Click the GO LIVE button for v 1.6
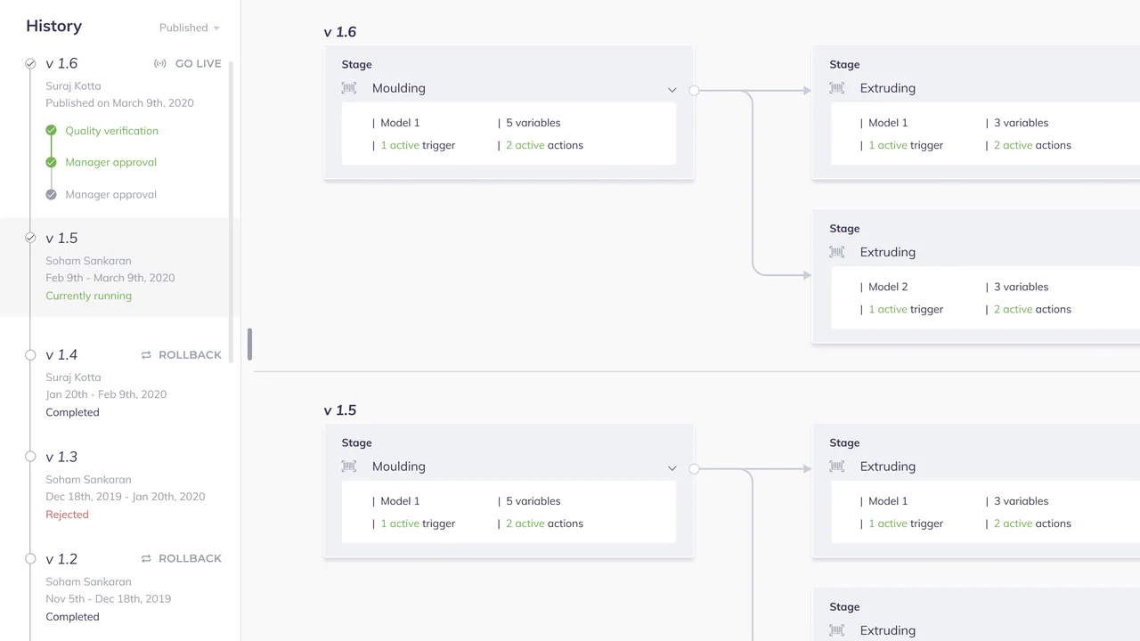coord(188,63)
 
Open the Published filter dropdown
coord(190,28)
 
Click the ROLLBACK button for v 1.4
coord(181,354)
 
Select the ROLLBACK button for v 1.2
coord(181,558)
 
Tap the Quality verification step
coord(111,131)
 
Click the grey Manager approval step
coord(110,194)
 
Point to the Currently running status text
coord(88,296)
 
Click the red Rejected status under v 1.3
coord(67,515)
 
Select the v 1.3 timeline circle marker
coord(30,457)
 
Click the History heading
coord(54,26)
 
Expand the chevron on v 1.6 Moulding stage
coord(672,90)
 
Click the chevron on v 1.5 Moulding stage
coord(672,468)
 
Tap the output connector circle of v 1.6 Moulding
coord(694,91)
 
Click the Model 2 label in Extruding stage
coord(888,287)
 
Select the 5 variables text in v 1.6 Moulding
coord(533,123)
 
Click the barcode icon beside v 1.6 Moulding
coord(349,88)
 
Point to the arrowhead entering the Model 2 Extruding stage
coord(807,275)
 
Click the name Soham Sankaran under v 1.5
coord(88,261)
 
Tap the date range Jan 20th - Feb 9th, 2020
coord(106,394)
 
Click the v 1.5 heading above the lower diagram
coord(340,410)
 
